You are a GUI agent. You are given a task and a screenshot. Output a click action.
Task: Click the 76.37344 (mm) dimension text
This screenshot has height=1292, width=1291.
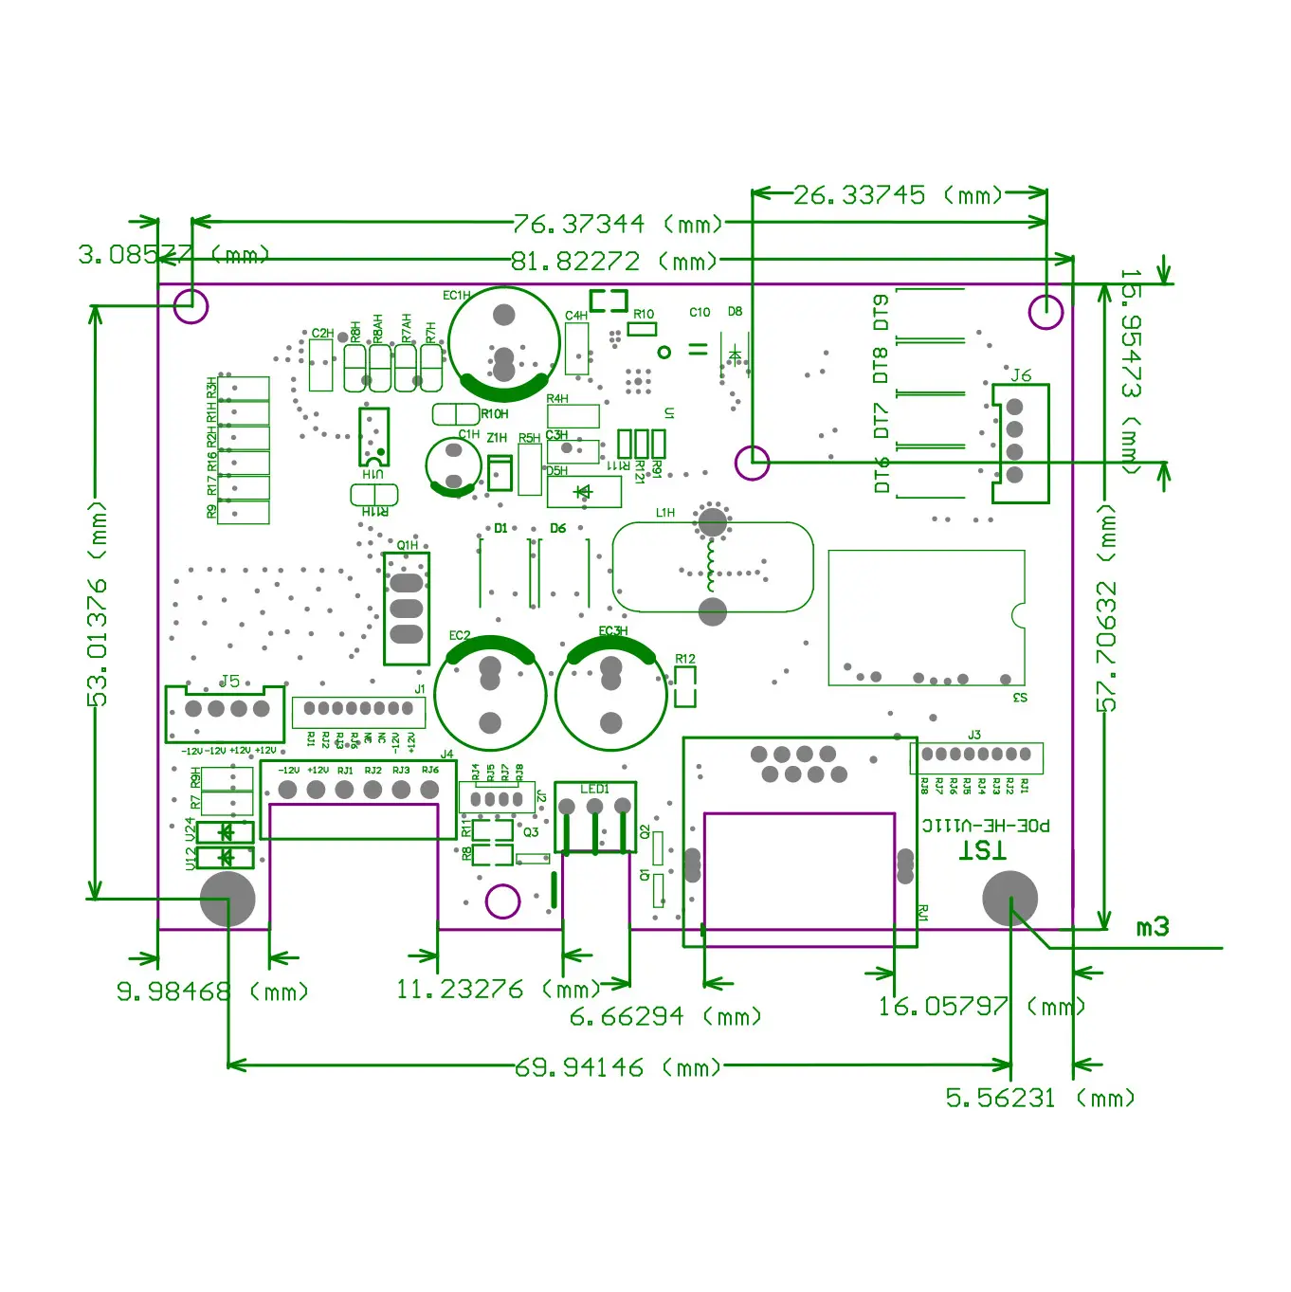coord(617,225)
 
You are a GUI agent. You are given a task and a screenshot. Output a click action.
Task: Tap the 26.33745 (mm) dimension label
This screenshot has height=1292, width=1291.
coord(897,195)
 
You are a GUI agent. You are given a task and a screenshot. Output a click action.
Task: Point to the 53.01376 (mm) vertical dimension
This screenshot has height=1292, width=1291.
coord(98,604)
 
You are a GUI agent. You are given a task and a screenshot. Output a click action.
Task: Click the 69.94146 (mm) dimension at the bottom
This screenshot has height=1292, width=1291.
coord(617,1067)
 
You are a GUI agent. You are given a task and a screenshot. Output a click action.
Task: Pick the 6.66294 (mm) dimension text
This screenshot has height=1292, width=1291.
coord(665,1017)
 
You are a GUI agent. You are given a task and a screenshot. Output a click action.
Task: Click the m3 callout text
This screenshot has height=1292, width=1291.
coord(1153,927)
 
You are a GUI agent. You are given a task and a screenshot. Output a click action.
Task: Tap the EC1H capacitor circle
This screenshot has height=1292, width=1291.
coord(504,343)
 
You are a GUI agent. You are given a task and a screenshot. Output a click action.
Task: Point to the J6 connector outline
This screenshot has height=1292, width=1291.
coord(1021,443)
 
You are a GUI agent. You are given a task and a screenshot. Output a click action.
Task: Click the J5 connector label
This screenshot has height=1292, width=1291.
coord(230,681)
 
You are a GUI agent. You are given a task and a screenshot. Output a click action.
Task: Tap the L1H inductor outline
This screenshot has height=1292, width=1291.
coord(713,567)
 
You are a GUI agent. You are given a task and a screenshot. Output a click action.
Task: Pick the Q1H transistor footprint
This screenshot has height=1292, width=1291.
coord(407,608)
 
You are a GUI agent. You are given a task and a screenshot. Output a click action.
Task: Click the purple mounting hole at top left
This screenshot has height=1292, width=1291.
coord(191,306)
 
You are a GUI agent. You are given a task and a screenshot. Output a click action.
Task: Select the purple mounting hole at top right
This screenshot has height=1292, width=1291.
coord(1046,312)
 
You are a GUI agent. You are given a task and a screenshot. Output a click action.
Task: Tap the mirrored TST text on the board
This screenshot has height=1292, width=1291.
coord(982,849)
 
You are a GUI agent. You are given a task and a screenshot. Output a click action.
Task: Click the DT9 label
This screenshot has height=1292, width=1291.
coord(882,312)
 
